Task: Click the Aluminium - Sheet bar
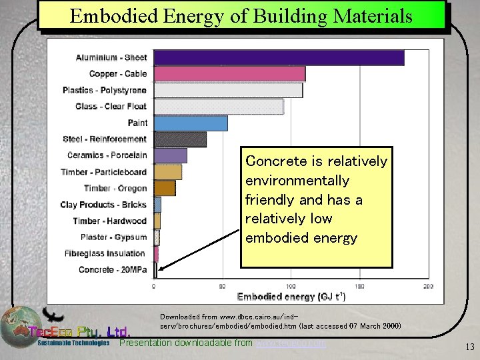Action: [x=279, y=58]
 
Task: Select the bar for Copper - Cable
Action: [x=229, y=74]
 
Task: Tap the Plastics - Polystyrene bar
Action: [x=228, y=90]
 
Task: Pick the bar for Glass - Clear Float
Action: [x=218, y=107]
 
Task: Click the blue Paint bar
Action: [x=191, y=123]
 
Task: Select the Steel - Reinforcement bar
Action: [x=180, y=139]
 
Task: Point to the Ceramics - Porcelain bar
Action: [x=170, y=155]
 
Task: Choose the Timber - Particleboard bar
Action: [x=167, y=171]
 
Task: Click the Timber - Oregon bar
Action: [x=165, y=188]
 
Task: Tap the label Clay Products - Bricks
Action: [x=103, y=205]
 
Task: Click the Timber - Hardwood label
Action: [x=110, y=221]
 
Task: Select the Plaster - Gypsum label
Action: [x=114, y=237]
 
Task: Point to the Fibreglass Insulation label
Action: [x=105, y=253]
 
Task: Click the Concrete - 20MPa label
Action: [x=113, y=269]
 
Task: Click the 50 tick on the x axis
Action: [x=222, y=286]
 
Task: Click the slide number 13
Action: [x=469, y=345]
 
